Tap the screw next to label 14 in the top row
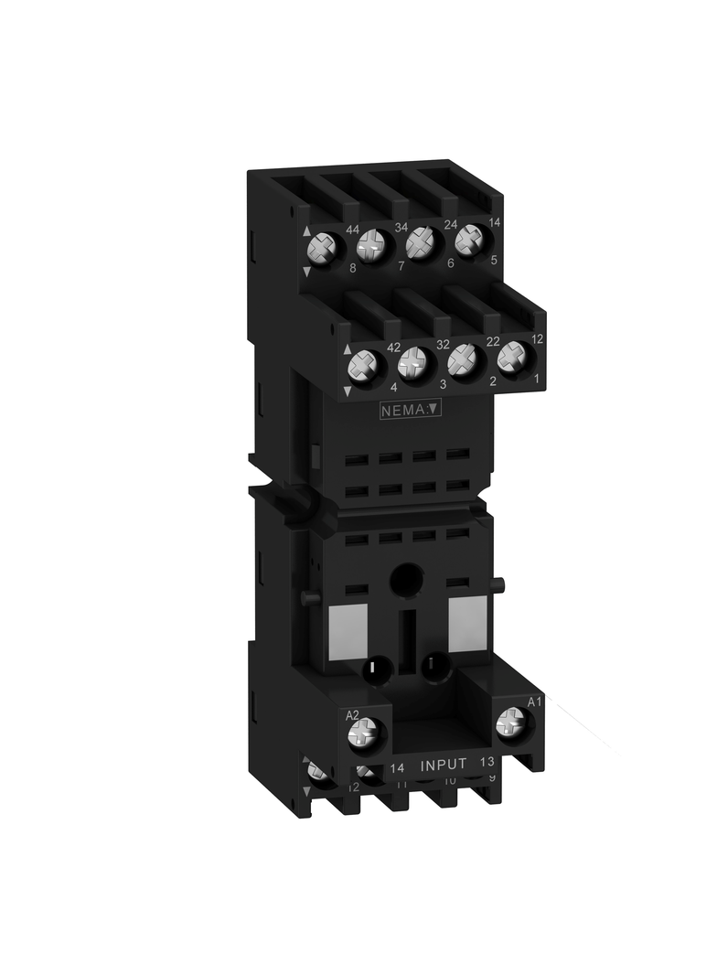pos(469,240)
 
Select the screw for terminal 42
pos(363,368)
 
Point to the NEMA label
pos(411,411)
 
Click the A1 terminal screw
pos(510,726)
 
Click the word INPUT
pos(444,764)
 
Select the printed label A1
pos(536,702)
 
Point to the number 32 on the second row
pos(443,347)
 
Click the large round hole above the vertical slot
pos(405,580)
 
